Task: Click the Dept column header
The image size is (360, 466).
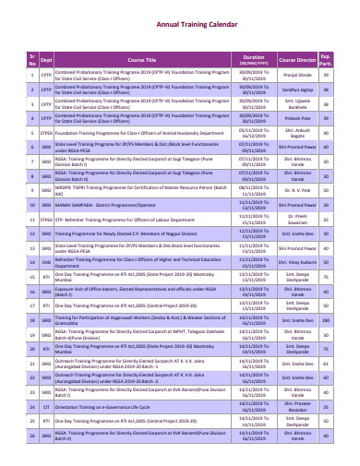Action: [x=46, y=57]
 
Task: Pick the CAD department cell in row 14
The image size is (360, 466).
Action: [x=46, y=262]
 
